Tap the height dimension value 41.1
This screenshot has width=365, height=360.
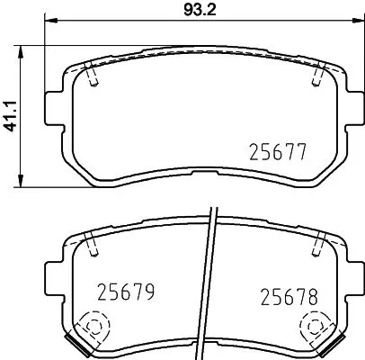point(12,113)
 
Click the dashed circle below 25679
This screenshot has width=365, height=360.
point(92,327)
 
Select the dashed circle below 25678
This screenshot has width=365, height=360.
point(316,327)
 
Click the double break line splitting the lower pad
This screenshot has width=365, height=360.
point(209,279)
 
